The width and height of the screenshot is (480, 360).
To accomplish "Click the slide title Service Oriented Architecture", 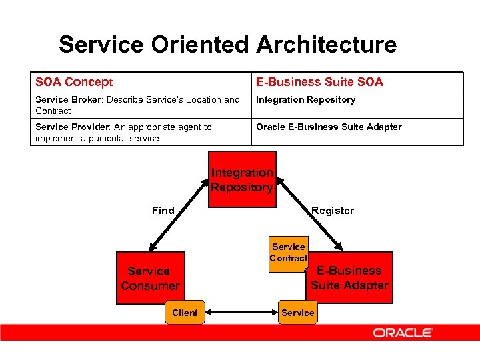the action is coord(227,45).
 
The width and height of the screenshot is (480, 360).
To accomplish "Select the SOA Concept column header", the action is coord(74,82).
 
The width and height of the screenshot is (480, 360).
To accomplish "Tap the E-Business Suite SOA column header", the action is coord(319,82).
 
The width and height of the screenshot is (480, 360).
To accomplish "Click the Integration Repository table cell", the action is coord(306,100).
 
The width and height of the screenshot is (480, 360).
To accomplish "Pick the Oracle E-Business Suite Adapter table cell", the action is coord(329,127).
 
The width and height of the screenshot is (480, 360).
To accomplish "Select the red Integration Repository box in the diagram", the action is coord(241,179).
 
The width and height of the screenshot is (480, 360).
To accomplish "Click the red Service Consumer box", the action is coord(150,278).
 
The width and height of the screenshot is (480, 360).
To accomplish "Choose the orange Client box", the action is coord(185,313).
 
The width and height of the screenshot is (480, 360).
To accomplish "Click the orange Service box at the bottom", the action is coord(298,313).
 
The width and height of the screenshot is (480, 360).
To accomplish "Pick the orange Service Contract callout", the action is coord(289,253).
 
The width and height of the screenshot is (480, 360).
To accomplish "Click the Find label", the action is coord(163,211).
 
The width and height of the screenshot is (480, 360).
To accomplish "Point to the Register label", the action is coord(333,211).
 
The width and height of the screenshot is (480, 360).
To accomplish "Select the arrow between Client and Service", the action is coord(241,313).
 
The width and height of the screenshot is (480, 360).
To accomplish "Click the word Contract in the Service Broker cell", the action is coord(53,111).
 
